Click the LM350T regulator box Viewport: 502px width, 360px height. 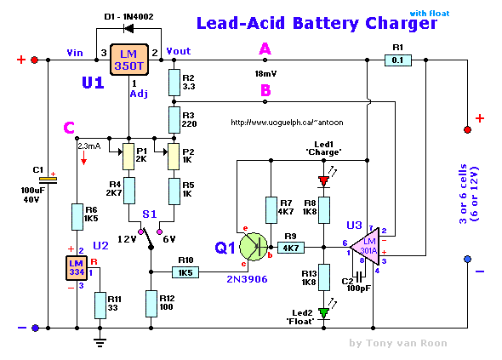pos(129,60)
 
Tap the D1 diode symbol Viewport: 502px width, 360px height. pos(128,29)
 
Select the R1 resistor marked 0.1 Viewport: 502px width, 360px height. pos(397,60)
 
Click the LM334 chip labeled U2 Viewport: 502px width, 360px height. pos(77,268)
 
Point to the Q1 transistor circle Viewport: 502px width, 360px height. pos(254,247)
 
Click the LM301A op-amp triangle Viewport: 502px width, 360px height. pos(365,247)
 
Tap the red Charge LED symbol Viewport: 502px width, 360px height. pos(323,181)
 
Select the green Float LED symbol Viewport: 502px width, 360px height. pos(323,313)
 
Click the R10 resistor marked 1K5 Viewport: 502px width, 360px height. pos(185,272)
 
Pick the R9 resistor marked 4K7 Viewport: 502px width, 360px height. pos(291,248)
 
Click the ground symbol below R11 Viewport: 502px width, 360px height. pos(100,342)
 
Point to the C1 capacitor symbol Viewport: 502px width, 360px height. pos(48,180)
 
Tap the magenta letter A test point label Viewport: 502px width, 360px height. pos(265,49)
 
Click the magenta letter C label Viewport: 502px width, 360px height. pos(69,128)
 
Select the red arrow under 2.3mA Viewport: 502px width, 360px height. pos(84,158)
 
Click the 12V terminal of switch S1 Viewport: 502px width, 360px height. pos(140,231)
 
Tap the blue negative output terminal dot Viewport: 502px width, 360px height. pos(467,259)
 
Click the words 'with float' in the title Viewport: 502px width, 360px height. pos(430,14)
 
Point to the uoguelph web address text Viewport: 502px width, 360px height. pos(287,123)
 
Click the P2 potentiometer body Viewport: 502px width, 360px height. pos(174,157)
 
